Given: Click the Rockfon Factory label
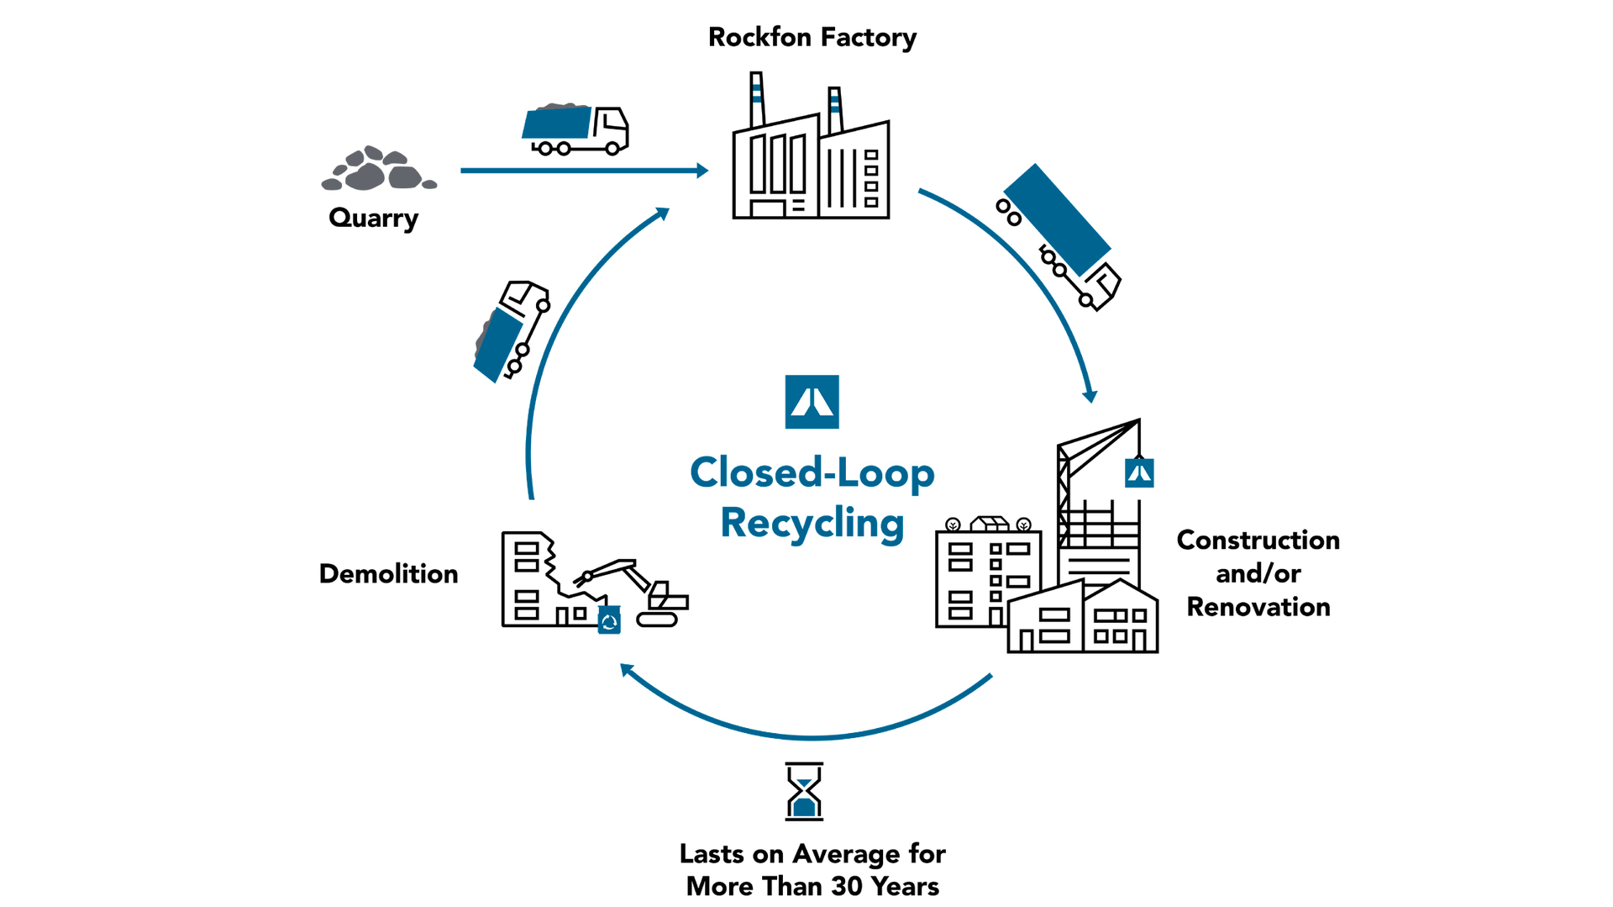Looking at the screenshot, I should click(x=812, y=38).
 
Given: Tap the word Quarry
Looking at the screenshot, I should click(x=374, y=218).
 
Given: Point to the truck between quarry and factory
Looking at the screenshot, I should click(x=576, y=129).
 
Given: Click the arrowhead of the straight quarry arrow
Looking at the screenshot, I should click(x=702, y=171).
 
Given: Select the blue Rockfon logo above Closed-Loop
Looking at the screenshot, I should click(x=812, y=402).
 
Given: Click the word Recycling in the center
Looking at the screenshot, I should click(x=812, y=523).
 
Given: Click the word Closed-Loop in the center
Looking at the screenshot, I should click(x=812, y=472).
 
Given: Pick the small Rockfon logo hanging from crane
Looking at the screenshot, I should click(x=1139, y=473).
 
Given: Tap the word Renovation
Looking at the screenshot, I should click(x=1258, y=607).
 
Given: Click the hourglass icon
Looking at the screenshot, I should click(x=804, y=791).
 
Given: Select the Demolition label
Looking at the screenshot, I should click(x=388, y=574).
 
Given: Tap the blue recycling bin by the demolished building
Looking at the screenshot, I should click(x=609, y=620).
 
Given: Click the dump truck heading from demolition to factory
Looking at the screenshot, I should click(x=512, y=331).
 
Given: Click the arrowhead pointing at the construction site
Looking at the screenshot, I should click(x=1090, y=397).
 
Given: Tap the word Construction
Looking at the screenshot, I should click(x=1258, y=540).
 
